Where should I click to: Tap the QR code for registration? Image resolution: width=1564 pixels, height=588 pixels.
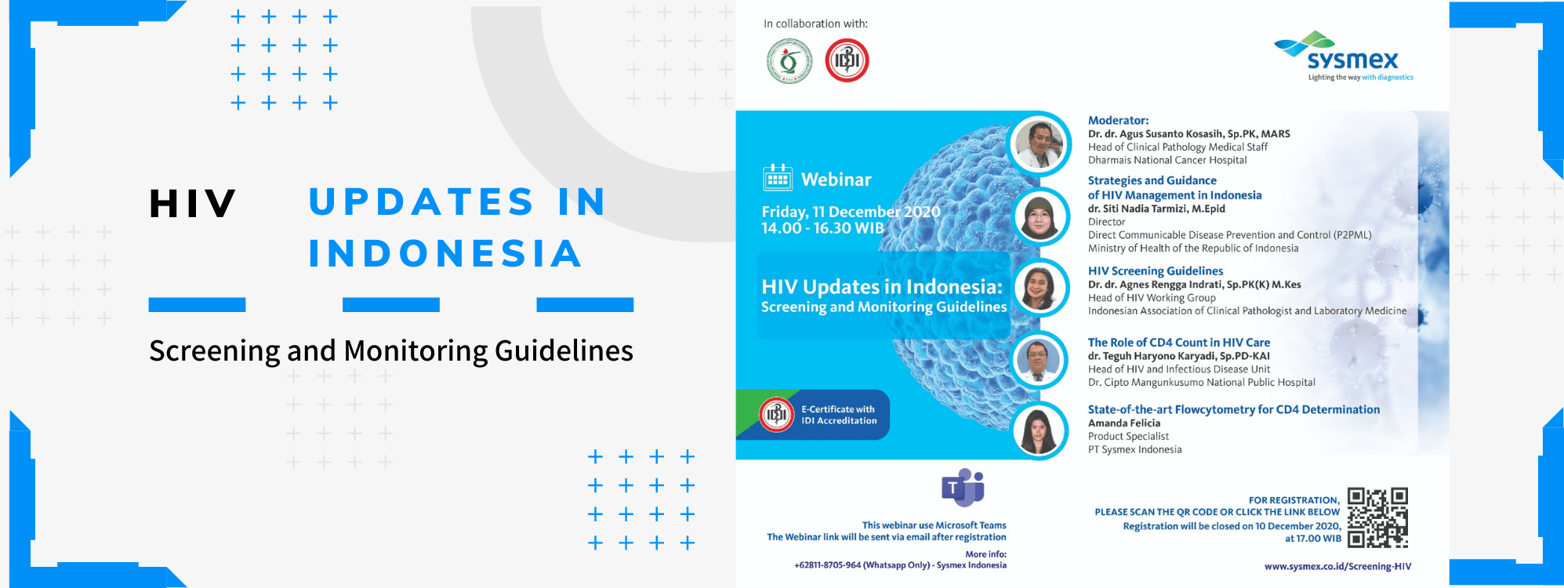pyautogui.click(x=1377, y=517)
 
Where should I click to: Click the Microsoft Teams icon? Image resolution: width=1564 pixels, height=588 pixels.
pyautogui.click(x=963, y=488)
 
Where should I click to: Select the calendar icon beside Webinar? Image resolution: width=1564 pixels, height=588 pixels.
pyautogui.click(x=778, y=178)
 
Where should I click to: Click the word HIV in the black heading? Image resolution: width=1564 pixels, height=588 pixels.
pyautogui.click(x=193, y=204)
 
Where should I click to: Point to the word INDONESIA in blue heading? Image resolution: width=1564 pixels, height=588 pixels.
pyautogui.click(x=445, y=253)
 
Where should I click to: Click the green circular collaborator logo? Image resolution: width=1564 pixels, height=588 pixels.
pyautogui.click(x=789, y=61)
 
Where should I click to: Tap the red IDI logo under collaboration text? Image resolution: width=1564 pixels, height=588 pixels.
pyautogui.click(x=847, y=61)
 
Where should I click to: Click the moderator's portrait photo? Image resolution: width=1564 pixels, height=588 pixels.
pyautogui.click(x=1040, y=144)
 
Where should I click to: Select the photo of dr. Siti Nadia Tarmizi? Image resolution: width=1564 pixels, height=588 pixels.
pyautogui.click(x=1041, y=217)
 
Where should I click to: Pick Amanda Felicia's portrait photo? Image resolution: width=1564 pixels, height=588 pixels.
pyautogui.click(x=1040, y=430)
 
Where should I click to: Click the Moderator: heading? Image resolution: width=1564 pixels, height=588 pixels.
pyautogui.click(x=1118, y=120)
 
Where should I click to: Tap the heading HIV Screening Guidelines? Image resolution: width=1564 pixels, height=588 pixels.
pyautogui.click(x=1156, y=270)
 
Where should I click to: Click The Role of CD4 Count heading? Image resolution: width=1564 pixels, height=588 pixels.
pyautogui.click(x=1179, y=343)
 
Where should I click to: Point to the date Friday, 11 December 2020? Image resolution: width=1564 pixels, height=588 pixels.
pyautogui.click(x=851, y=212)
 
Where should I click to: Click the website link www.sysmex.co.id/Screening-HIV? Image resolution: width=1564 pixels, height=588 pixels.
pyautogui.click(x=1337, y=566)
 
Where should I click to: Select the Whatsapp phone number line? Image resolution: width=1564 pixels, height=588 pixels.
pyautogui.click(x=900, y=565)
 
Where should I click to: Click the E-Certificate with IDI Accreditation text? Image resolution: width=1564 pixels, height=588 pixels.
pyautogui.click(x=838, y=415)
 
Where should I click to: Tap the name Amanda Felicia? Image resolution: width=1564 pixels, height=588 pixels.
pyautogui.click(x=1124, y=423)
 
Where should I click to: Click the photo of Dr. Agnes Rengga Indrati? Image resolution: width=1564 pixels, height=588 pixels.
pyautogui.click(x=1041, y=288)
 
